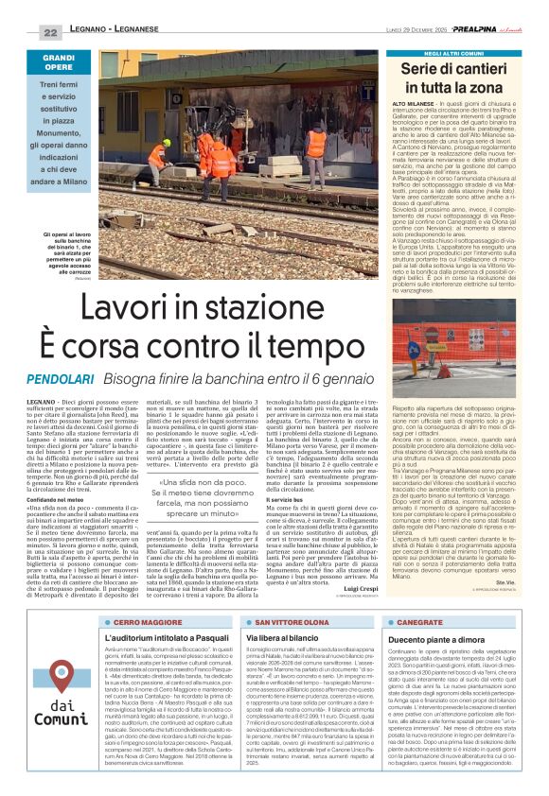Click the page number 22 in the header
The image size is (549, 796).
point(49,32)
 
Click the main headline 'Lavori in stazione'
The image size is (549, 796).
point(229,309)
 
